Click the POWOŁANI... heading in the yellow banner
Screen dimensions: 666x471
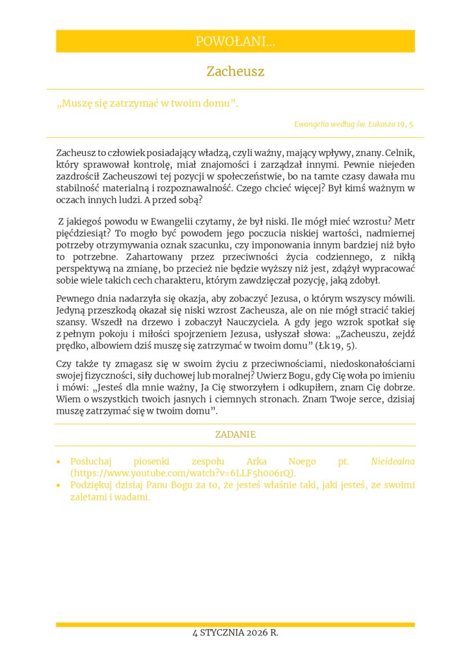click(x=235, y=42)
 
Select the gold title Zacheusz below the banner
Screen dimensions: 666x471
click(x=235, y=72)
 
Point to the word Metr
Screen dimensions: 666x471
click(x=403, y=220)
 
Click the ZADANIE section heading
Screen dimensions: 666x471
click(x=235, y=434)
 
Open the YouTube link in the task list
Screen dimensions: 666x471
click(x=183, y=473)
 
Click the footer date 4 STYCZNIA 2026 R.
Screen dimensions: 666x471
click(x=235, y=633)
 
